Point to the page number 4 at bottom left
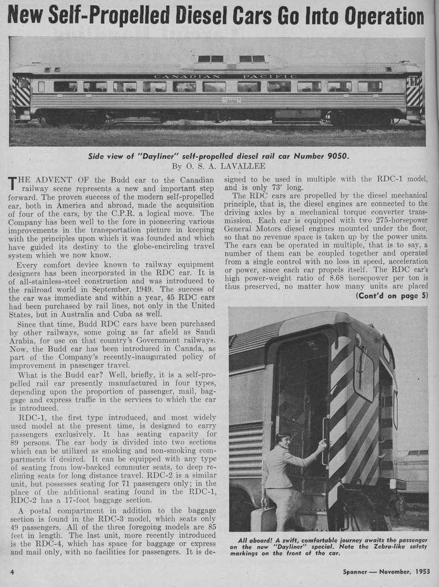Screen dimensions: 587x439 (x=12, y=571)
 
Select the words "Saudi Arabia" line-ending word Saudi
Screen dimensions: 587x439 (x=202, y=329)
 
